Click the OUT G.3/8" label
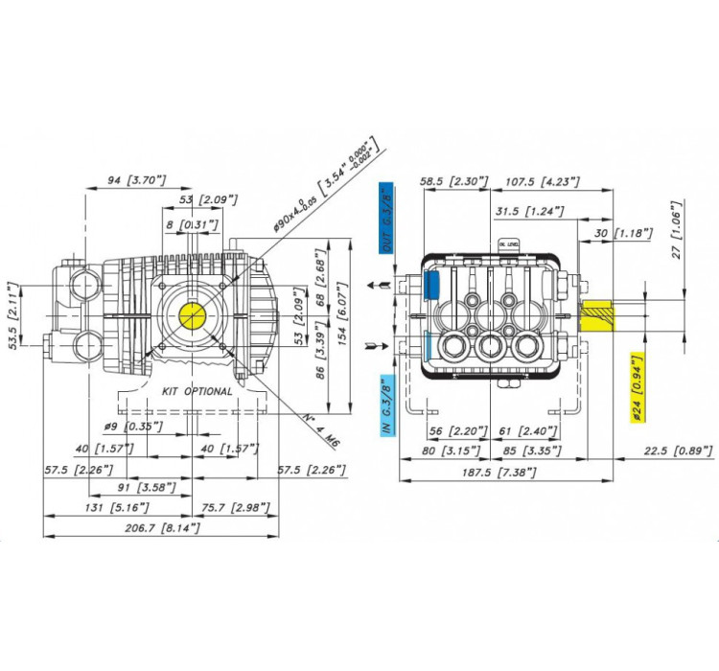click(385, 220)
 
